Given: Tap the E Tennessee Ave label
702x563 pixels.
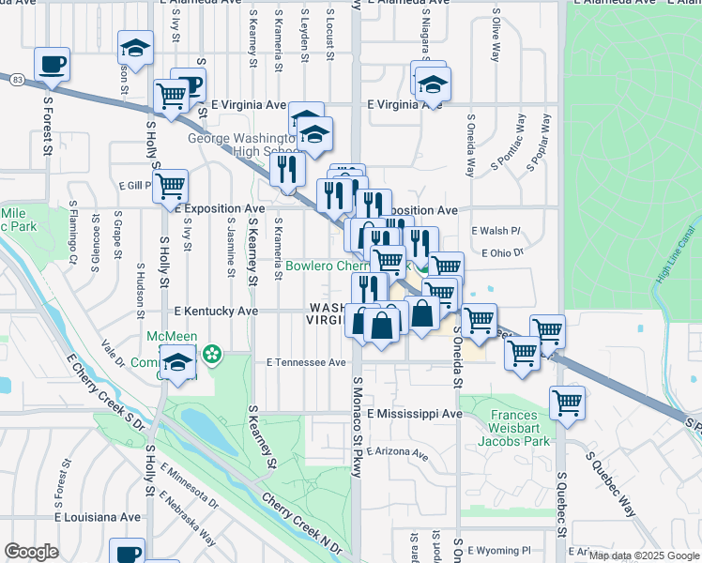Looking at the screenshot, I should pos(306,361).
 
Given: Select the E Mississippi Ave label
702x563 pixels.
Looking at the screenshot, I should pos(415,413).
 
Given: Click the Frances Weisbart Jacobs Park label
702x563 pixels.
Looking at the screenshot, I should pos(519,427).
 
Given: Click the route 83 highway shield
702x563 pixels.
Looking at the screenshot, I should pos(18,82).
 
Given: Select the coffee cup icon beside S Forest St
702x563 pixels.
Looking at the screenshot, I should pos(52,64).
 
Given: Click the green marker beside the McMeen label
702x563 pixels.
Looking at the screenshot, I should pos(213,354).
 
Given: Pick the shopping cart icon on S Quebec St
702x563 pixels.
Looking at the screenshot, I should pos(567,403).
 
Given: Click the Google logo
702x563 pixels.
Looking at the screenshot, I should pos(31,552).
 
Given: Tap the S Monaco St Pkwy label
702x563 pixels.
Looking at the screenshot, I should pos(357,427).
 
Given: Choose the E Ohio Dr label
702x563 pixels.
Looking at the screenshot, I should pos(499,252).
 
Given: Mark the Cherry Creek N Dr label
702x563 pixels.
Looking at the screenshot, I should pos(303,525).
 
